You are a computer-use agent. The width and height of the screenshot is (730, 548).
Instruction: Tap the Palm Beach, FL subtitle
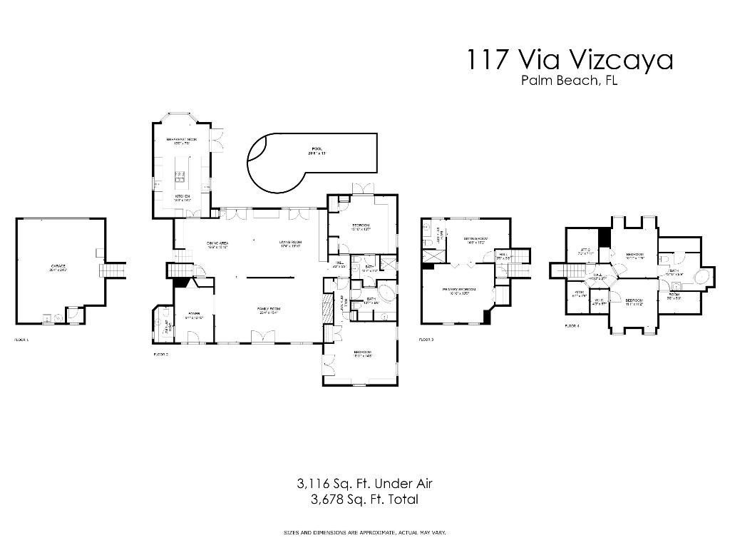[569, 81]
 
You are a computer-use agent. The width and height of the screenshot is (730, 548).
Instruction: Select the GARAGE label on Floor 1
[58, 268]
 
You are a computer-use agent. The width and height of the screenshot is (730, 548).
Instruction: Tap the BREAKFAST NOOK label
[181, 140]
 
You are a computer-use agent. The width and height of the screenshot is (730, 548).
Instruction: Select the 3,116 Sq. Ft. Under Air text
[364, 484]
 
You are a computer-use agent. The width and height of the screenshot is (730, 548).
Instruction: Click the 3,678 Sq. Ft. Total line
[364, 499]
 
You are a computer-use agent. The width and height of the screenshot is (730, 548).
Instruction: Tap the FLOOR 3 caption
[426, 340]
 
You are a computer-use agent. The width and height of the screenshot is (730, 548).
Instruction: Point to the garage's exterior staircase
[115, 270]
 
